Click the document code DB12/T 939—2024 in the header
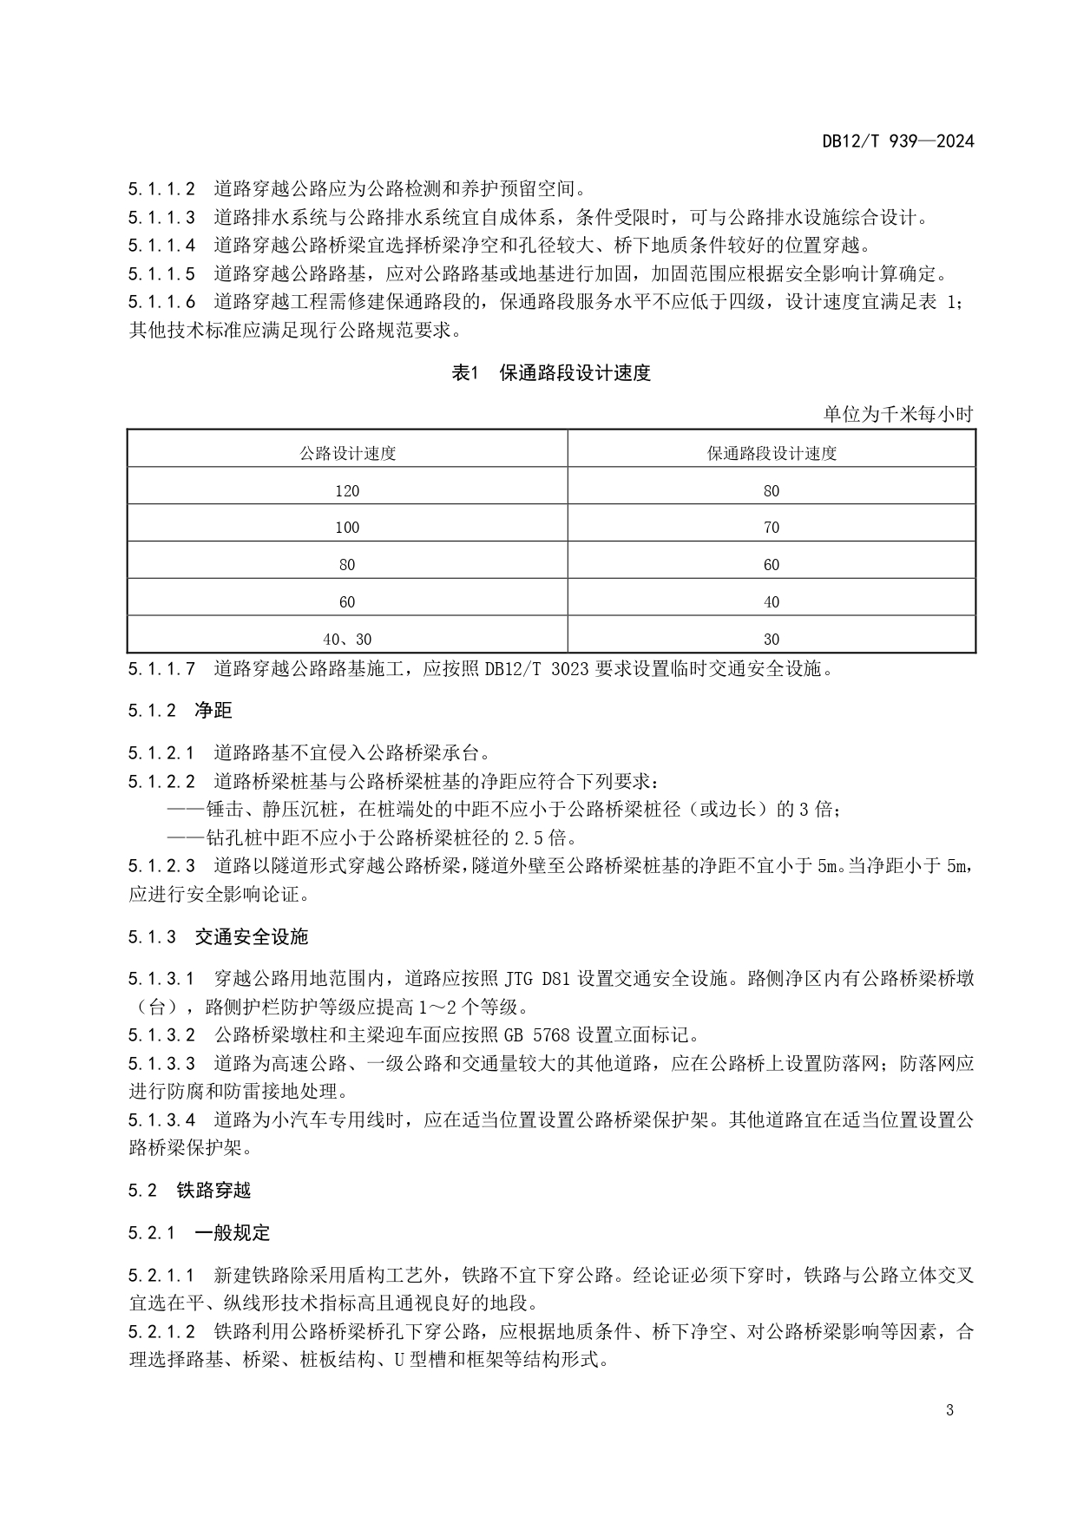[x=898, y=141]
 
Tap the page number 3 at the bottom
[x=949, y=1410]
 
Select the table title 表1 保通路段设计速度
[x=551, y=373]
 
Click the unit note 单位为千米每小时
[x=898, y=414]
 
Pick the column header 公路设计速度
[x=347, y=453]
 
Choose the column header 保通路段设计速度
[x=772, y=453]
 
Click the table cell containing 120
[x=347, y=491]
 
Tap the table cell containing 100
[x=347, y=528]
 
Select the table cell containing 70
[x=772, y=528]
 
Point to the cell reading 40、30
[x=347, y=640]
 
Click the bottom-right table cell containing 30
[x=772, y=640]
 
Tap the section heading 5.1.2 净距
[x=181, y=711]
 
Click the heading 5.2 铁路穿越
[x=189, y=1190]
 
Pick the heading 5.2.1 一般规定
[x=199, y=1232]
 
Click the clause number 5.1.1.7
[x=161, y=669]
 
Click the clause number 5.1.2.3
[x=161, y=866]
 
